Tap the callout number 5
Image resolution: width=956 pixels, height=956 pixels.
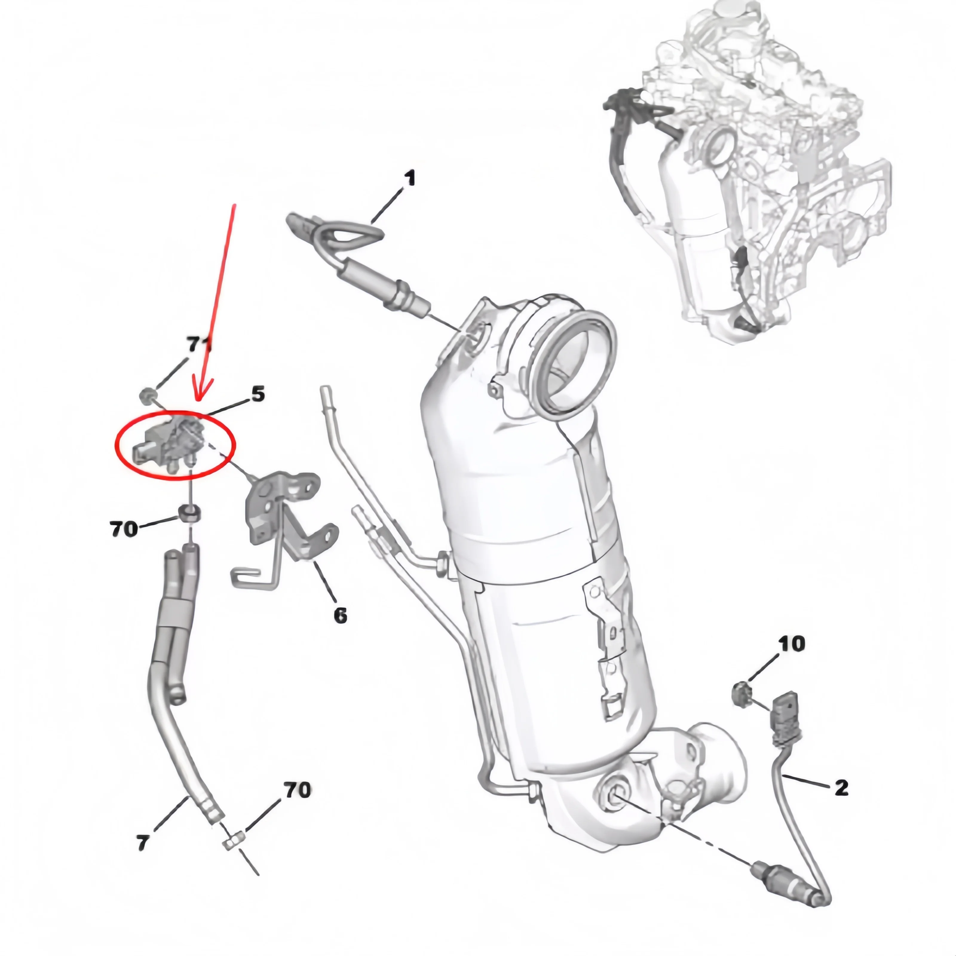coord(258,394)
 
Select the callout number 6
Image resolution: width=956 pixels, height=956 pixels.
coord(340,615)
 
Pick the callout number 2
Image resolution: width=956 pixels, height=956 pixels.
coord(841,787)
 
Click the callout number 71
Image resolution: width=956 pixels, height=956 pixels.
coord(198,345)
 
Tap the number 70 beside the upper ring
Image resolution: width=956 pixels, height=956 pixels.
coord(124,529)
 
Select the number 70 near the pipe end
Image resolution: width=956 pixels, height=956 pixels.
coord(297,790)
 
